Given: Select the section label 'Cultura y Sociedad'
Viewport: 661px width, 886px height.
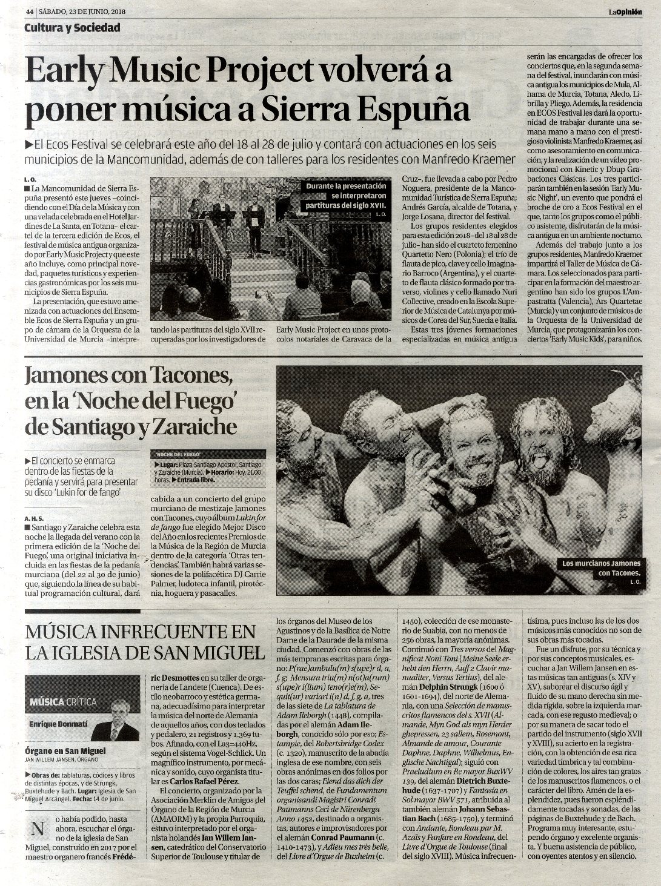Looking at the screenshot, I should (72, 28).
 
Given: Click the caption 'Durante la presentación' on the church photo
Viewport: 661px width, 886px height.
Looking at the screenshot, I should (345, 187).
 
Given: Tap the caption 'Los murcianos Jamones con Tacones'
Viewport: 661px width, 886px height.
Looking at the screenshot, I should (601, 567).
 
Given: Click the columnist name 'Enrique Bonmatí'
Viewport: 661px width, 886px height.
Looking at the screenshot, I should (58, 724).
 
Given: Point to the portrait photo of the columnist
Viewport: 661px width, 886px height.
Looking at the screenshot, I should (114, 721).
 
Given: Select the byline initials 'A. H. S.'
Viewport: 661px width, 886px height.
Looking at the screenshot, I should (36, 518).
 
